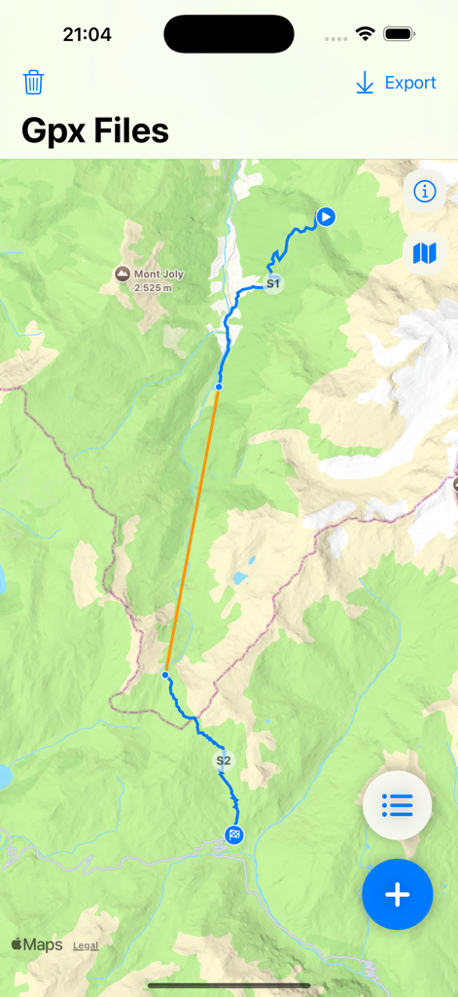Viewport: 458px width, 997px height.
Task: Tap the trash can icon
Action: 34,82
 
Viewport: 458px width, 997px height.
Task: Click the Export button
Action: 396,83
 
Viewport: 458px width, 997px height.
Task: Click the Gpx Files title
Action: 95,130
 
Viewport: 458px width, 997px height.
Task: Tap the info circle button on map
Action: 425,192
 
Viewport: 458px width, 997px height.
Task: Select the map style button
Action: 425,254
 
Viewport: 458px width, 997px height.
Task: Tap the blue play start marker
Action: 326,216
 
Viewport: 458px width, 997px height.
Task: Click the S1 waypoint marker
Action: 274,284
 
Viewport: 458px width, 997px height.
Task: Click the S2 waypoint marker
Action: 224,760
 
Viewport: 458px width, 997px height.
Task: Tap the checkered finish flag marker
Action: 234,834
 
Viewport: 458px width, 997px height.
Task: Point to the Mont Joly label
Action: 159,275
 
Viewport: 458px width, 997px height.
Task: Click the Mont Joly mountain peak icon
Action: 122,275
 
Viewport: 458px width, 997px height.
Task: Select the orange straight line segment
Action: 193,531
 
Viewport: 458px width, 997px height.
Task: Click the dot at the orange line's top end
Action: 218,388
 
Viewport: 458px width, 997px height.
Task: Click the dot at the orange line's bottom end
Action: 166,675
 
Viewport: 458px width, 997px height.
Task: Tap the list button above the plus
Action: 397,805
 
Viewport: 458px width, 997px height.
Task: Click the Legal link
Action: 86,945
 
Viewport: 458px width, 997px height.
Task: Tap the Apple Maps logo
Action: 37,944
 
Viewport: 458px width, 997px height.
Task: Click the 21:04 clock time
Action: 88,35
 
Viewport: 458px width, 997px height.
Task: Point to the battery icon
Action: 400,34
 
